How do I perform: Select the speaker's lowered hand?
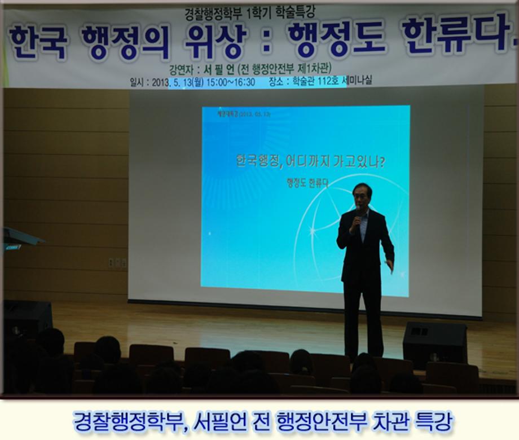coord(390,265)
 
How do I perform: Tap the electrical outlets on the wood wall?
coord(117,263)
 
